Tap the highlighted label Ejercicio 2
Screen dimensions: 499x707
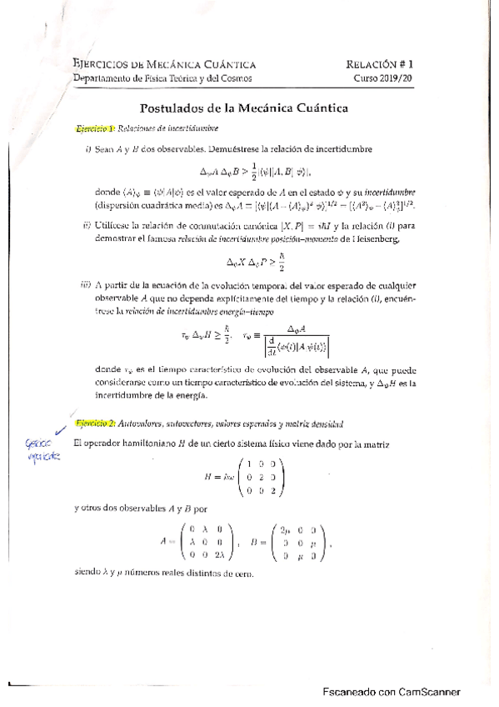point(92,424)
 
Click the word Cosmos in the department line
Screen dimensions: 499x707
point(235,78)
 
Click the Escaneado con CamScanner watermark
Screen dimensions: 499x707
point(392,691)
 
